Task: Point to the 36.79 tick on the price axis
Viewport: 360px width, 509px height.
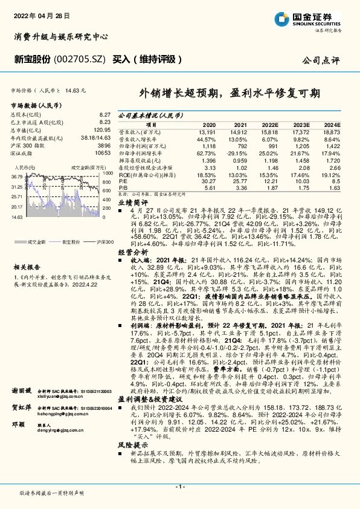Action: click(16, 176)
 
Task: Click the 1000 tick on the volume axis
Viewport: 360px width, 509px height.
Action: click(108, 173)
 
